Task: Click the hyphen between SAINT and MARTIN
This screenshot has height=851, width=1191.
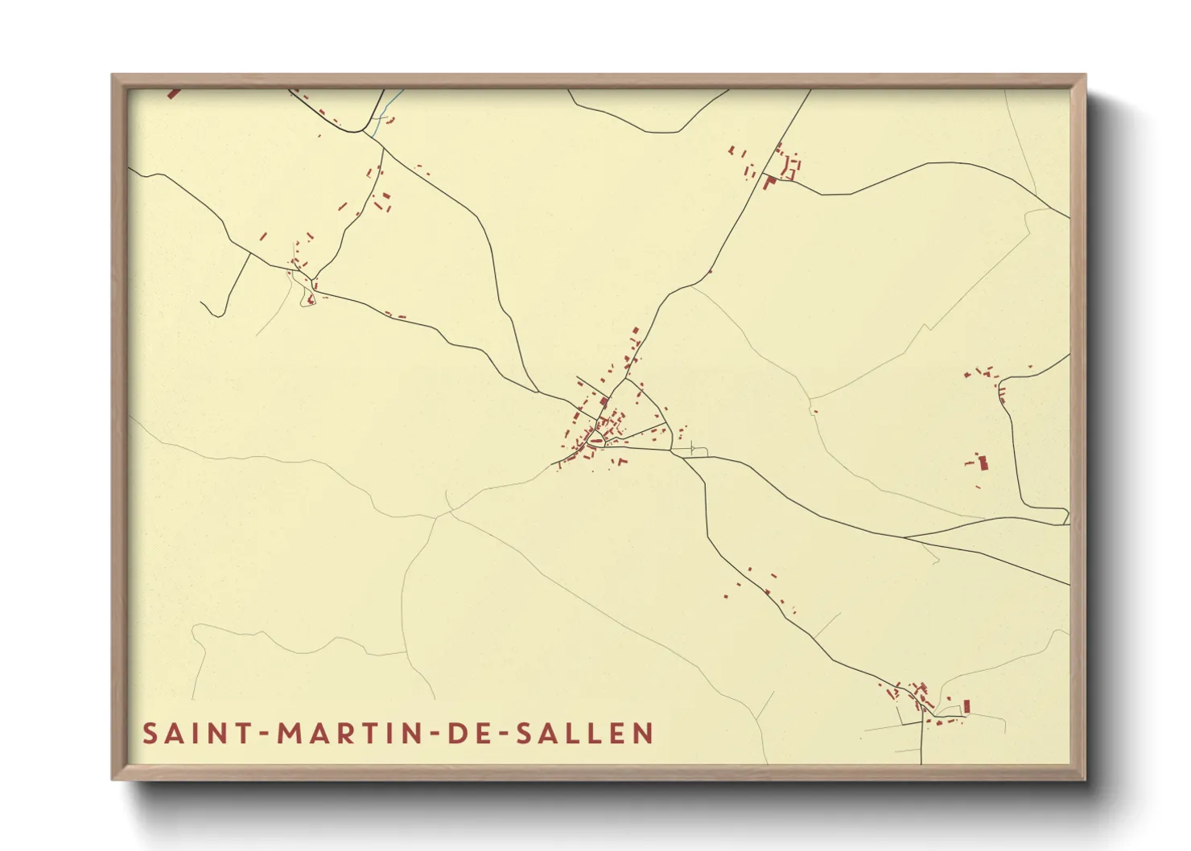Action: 263,734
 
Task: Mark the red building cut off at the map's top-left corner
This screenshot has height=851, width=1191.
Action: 172,93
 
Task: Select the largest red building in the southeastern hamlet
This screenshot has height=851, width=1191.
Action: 966,705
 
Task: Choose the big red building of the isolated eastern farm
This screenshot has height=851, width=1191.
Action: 983,462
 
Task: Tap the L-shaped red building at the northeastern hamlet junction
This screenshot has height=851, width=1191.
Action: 769,183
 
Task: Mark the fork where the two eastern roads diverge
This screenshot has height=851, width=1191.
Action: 903,537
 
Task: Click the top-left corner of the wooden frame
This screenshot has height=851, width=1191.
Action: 113,76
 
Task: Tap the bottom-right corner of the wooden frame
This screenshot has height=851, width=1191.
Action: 1084,779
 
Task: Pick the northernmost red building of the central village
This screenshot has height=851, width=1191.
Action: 636,331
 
